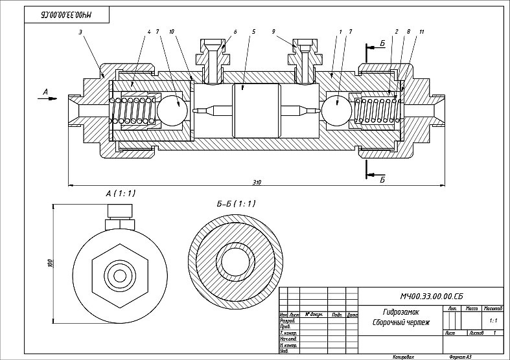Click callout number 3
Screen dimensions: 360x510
click(80, 31)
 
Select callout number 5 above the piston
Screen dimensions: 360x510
click(254, 31)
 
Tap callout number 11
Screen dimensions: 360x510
click(422, 31)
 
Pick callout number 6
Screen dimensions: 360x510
click(235, 31)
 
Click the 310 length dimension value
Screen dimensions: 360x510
click(257, 182)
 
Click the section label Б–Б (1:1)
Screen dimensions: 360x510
click(236, 203)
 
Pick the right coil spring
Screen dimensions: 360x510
click(376, 111)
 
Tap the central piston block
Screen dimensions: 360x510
click(254, 111)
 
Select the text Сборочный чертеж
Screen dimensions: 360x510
click(402, 322)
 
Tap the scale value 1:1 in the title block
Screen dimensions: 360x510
click(493, 320)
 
